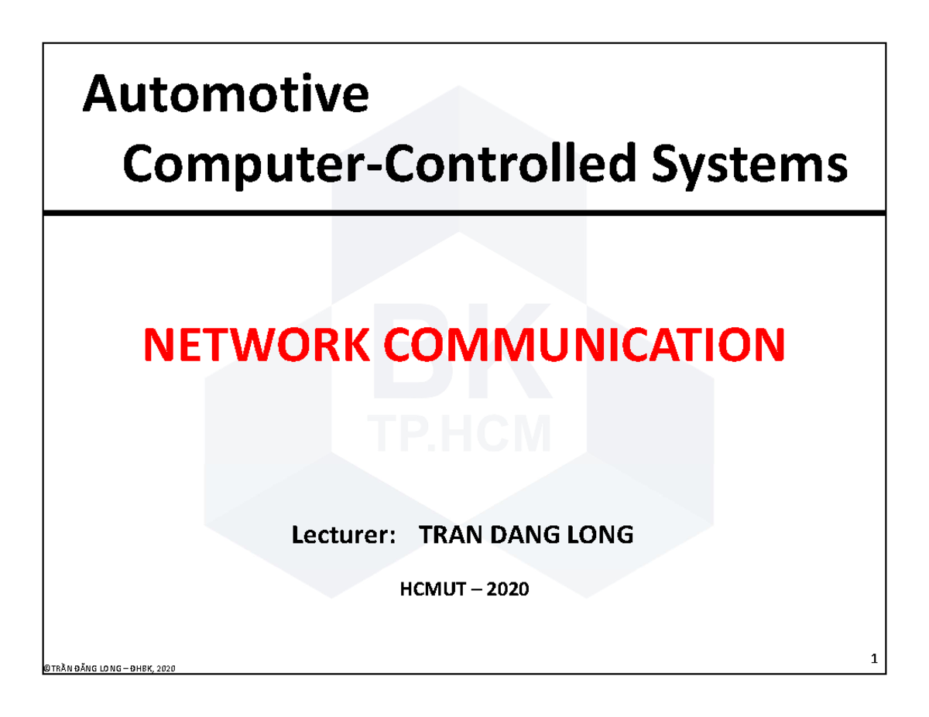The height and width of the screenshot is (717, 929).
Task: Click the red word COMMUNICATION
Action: pyautogui.click(x=585, y=346)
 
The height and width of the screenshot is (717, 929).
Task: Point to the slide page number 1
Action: pyautogui.click(x=873, y=660)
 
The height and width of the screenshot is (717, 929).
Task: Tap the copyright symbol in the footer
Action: pyautogui.click(x=46, y=669)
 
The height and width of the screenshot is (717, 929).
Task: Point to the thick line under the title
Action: pyautogui.click(x=464, y=213)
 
